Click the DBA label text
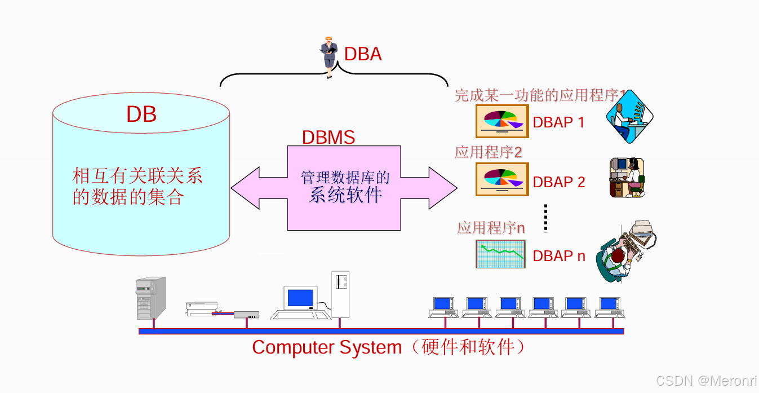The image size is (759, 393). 363,54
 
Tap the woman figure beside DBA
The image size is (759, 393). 329,57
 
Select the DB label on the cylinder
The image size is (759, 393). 141,114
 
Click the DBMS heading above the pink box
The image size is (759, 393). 329,138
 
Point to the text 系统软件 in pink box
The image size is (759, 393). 345,195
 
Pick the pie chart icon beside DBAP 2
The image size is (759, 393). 502,179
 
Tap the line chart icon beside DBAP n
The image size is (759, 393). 500,254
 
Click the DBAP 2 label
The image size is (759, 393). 559,182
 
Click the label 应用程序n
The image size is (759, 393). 491,228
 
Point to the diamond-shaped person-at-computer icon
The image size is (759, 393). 629,117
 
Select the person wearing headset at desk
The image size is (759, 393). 627,178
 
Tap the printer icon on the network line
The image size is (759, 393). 201,308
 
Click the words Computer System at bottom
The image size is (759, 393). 327,347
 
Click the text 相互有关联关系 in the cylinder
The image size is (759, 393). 137,176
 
